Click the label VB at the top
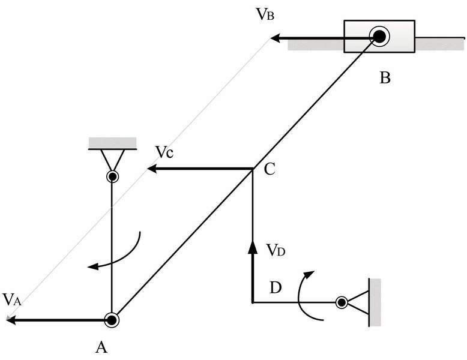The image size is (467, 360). pyautogui.click(x=264, y=15)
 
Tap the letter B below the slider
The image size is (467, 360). pyautogui.click(x=385, y=78)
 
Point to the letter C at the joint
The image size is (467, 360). pyautogui.click(x=269, y=170)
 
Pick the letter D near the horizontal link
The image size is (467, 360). pyautogui.click(x=276, y=287)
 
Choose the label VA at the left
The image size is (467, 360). pyautogui.click(x=12, y=298)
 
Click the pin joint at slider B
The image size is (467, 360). pyautogui.click(x=379, y=37)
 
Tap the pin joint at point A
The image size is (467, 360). pyautogui.click(x=112, y=320)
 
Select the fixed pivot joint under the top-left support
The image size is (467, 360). pyautogui.click(x=112, y=176)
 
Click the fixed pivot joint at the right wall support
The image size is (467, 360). pyautogui.click(x=341, y=302)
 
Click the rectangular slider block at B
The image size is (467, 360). pyautogui.click(x=379, y=37)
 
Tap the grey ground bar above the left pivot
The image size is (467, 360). pyautogui.click(x=112, y=142)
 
